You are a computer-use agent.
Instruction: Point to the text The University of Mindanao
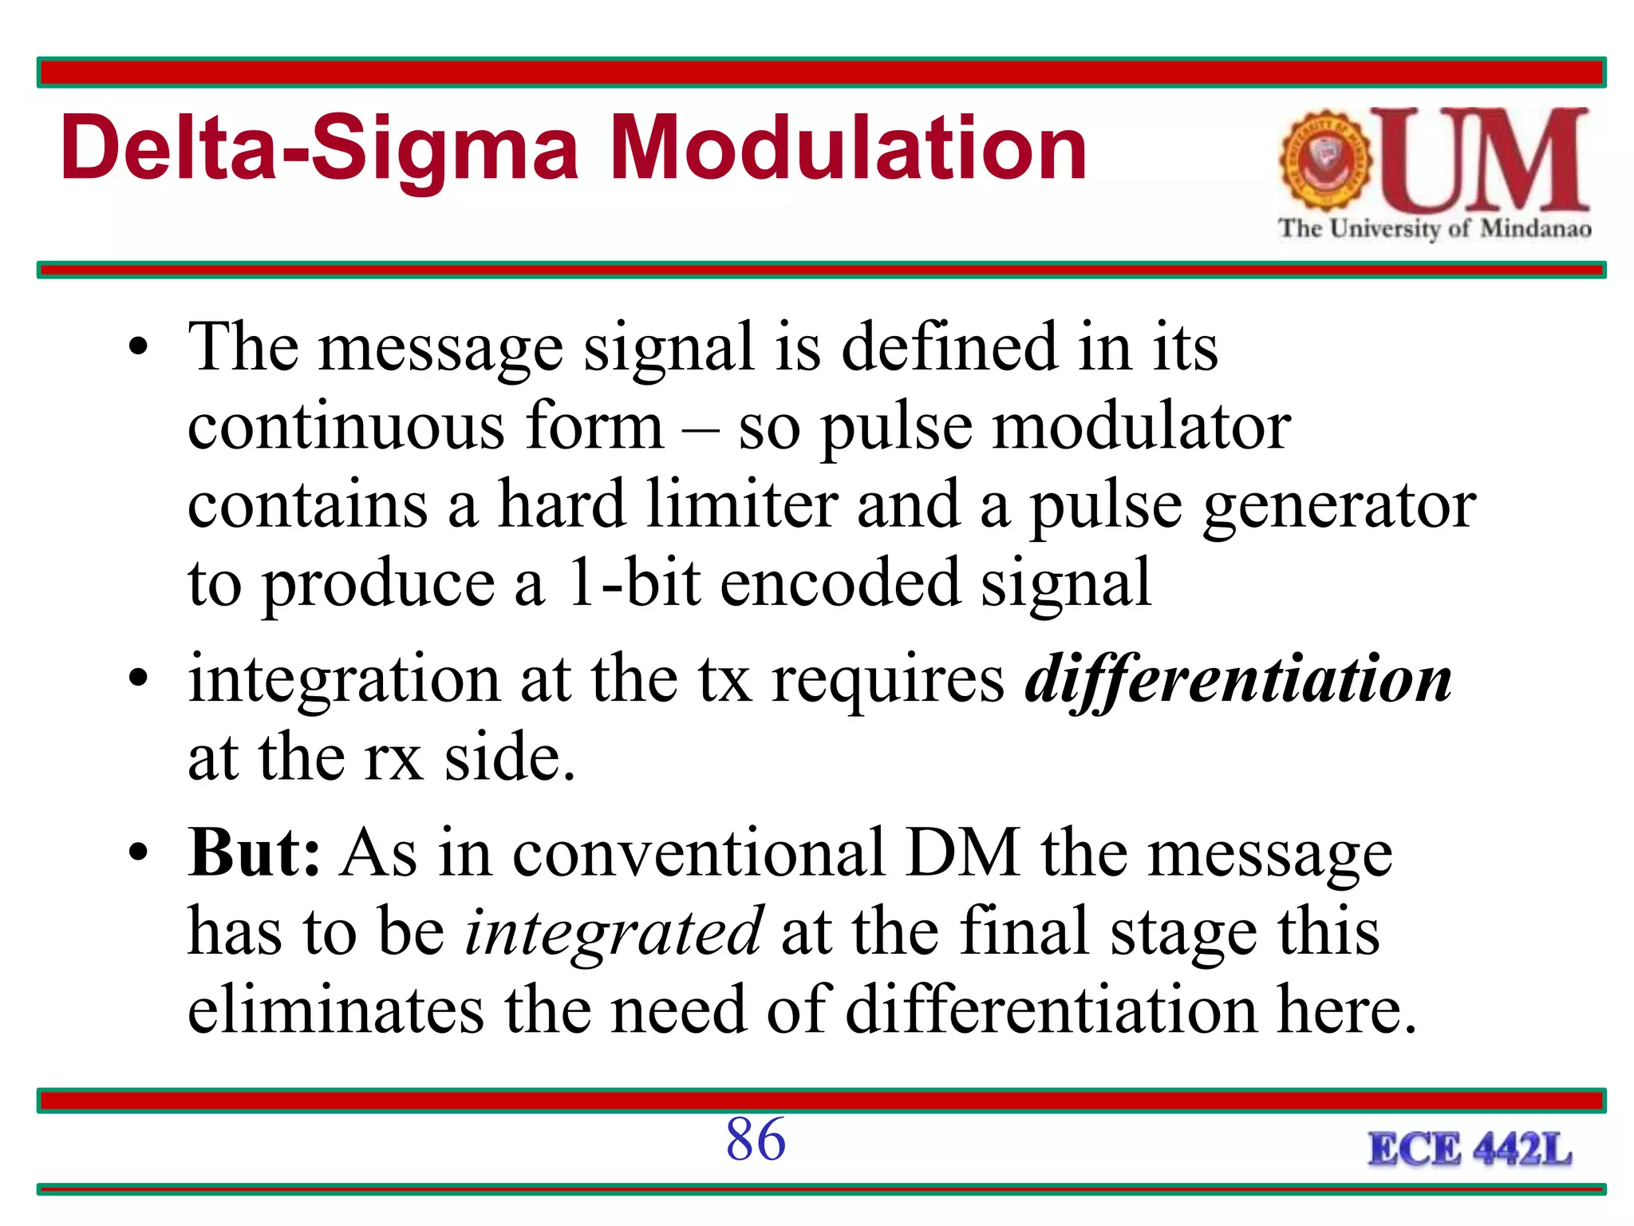[1435, 228]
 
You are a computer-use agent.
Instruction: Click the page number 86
[756, 1139]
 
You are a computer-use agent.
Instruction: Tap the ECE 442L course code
[1470, 1150]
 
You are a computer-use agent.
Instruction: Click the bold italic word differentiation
[1238, 679]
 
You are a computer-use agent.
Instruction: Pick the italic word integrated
[614, 931]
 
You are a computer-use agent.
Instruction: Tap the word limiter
[741, 504]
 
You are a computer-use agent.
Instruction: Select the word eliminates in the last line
[335, 1009]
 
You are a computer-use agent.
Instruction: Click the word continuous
[345, 426]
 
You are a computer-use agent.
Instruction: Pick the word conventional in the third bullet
[697, 852]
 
